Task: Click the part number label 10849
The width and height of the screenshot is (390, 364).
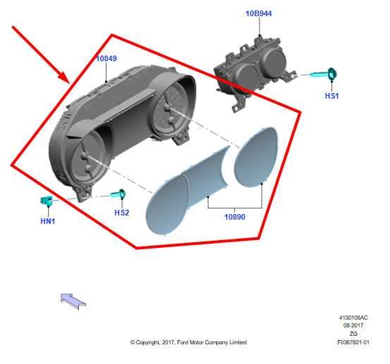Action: point(106,58)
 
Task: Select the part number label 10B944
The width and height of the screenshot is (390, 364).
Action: point(259,13)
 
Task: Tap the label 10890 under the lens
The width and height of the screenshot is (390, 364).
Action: point(235,217)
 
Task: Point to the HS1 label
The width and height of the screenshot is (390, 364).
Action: point(331,96)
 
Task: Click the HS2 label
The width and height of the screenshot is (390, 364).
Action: point(122,213)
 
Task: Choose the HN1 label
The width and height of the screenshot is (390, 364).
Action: point(48,221)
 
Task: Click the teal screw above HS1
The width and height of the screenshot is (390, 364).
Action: point(323,74)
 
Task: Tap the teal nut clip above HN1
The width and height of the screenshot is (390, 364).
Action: point(47,201)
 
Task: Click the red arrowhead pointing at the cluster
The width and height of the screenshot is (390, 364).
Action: point(65,77)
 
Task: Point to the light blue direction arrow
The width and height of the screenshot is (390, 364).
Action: point(73,301)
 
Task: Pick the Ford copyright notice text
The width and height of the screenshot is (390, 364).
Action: point(188,342)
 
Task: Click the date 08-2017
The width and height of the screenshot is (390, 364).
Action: point(353,325)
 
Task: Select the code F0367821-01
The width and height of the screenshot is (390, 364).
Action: point(353,342)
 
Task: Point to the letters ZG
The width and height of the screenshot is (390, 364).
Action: point(353,334)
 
